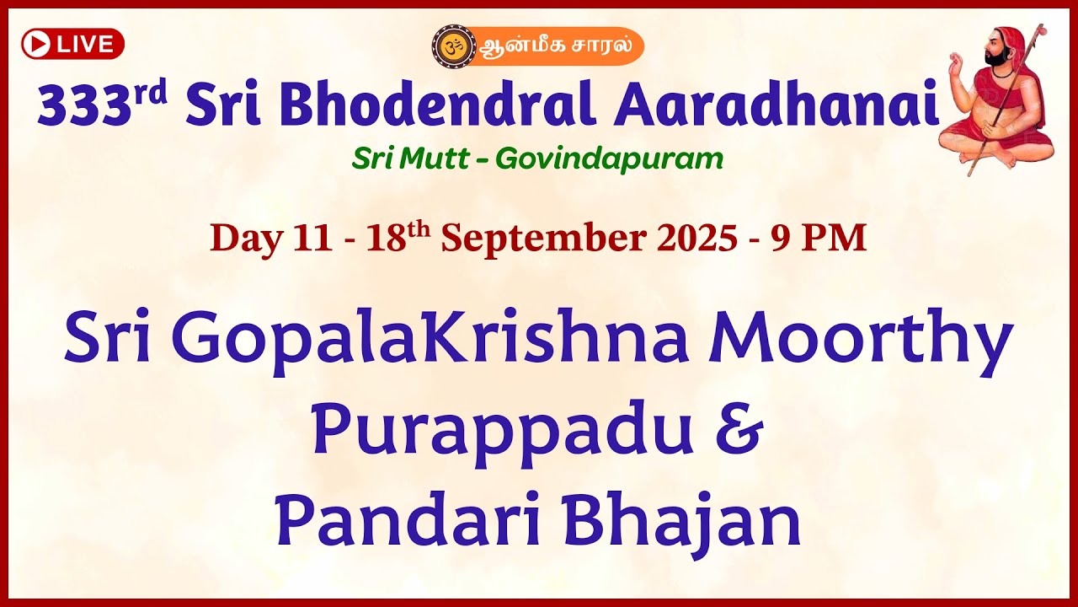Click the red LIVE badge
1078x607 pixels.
72,44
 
